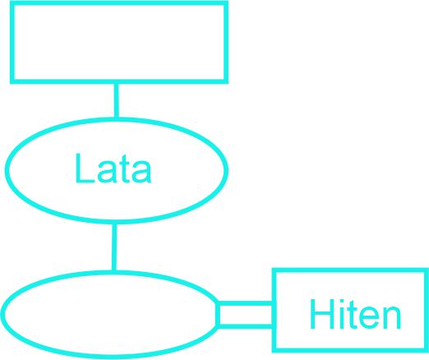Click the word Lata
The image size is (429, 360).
[113, 168]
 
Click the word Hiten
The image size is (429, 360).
[355, 314]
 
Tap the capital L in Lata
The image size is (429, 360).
[85, 168]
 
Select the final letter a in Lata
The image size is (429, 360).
[141, 172]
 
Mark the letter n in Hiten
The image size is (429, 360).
[392, 317]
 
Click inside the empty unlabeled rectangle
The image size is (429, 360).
[119, 42]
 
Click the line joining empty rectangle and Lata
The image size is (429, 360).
[116, 100]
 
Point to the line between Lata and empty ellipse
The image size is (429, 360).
[114, 247]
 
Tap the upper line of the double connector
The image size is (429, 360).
[245, 303]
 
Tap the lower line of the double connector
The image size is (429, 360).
[245, 326]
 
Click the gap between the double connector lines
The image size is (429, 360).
[246, 315]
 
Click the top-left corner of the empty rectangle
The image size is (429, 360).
[11, 1]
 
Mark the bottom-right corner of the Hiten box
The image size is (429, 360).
[428, 352]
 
